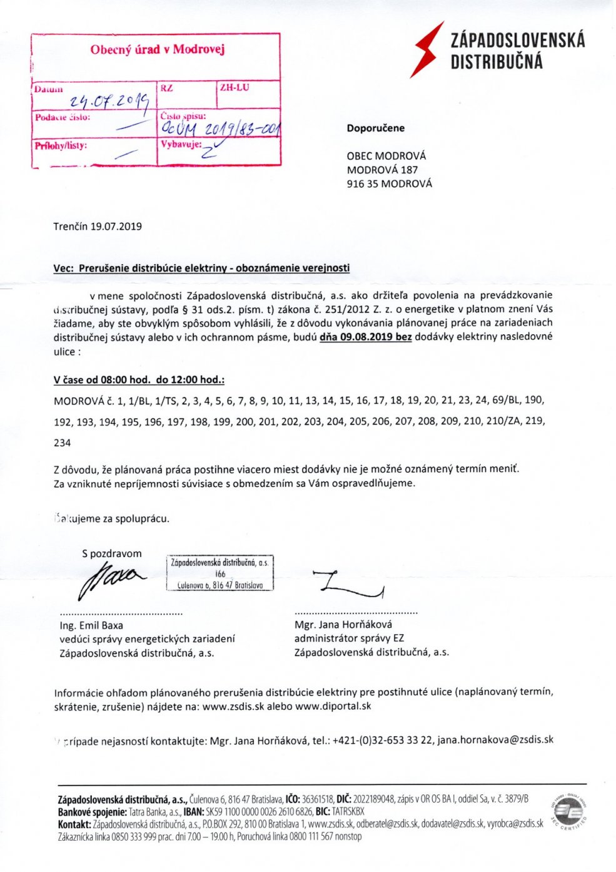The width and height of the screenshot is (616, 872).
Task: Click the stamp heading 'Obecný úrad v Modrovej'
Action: tap(157, 49)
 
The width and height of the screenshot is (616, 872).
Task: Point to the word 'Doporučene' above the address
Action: tap(376, 128)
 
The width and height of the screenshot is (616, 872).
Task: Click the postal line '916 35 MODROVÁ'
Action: tap(390, 183)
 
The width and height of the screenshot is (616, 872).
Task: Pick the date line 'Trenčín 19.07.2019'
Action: tap(98, 226)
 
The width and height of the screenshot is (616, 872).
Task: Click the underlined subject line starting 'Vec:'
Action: tap(201, 268)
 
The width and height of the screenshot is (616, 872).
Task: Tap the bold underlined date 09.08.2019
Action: tap(365, 337)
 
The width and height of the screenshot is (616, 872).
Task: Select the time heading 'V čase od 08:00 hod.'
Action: tap(139, 380)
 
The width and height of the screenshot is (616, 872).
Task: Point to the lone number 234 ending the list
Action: tap(63, 443)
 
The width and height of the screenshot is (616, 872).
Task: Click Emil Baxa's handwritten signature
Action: tap(109, 578)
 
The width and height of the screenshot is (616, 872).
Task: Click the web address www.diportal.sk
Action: tap(333, 705)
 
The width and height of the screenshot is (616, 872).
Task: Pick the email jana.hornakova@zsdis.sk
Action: tap(495, 739)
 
